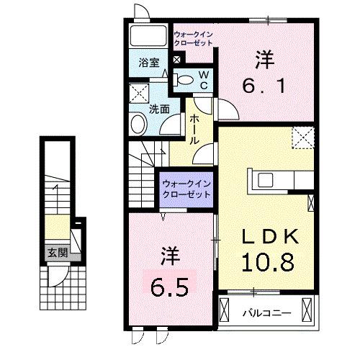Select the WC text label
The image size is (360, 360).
(x=203, y=78)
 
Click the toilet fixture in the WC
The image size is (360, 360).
(x=185, y=79)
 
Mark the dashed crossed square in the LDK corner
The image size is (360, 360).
(x=303, y=136)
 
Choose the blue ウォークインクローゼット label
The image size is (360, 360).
(x=186, y=189)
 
